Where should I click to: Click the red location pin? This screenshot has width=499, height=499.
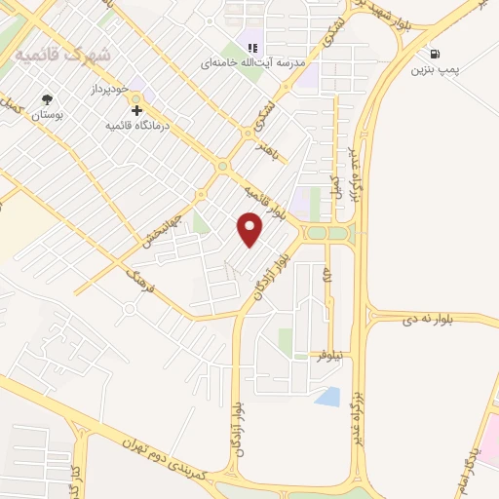coord(250,229)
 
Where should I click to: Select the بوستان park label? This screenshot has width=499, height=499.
coord(47,116)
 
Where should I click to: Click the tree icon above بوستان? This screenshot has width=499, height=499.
coord(47,99)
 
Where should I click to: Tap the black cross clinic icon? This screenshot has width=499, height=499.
coord(136,111)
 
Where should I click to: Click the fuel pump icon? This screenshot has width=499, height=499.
coord(433,53)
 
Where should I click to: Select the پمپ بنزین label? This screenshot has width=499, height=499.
coord(434,70)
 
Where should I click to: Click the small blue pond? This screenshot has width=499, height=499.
coord(328,397)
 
